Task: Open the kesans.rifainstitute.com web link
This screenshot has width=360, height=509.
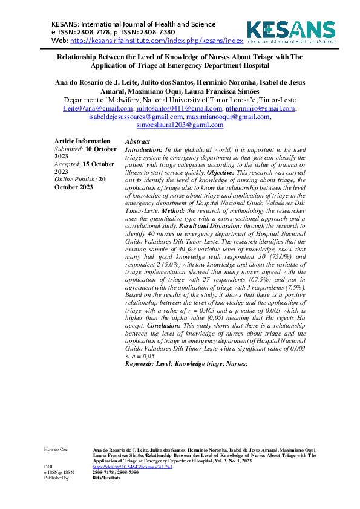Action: (157, 41)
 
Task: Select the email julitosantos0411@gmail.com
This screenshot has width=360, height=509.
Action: (178, 109)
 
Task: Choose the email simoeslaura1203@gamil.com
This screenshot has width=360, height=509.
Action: (180, 125)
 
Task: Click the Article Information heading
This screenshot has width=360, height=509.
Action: (82, 141)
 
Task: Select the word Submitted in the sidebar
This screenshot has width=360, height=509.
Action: (68, 148)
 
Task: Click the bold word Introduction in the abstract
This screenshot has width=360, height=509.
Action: (143, 149)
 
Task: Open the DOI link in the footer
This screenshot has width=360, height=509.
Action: (124, 467)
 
